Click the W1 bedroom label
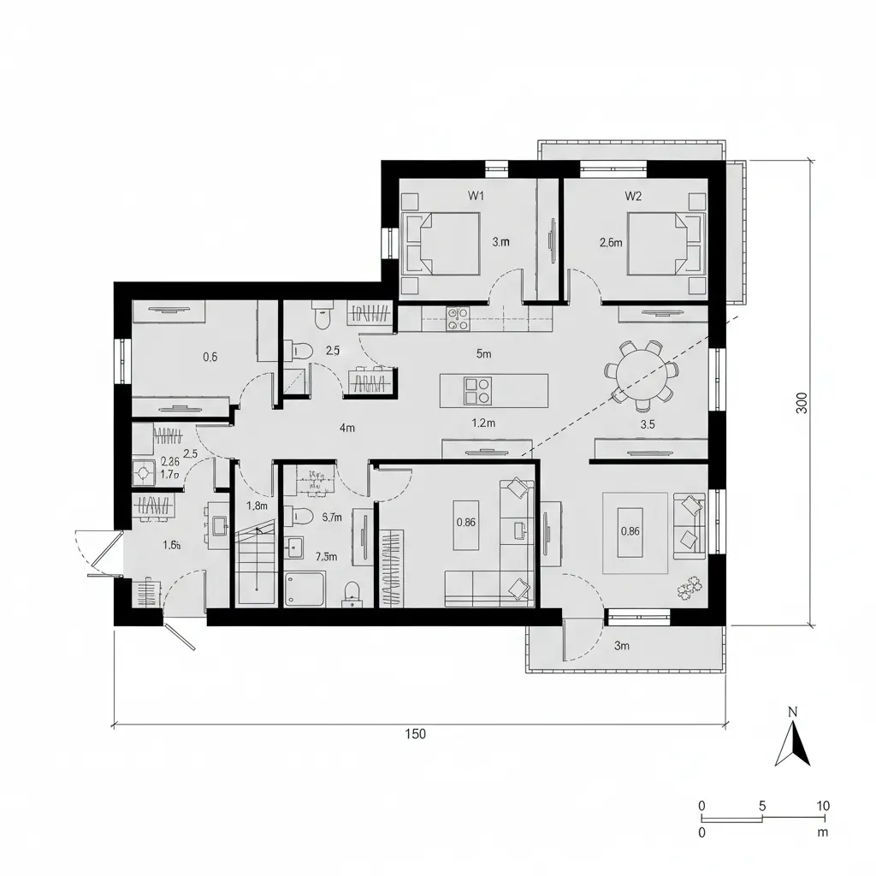476,195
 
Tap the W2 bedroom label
633,195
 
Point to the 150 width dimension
416,734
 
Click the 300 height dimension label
801,402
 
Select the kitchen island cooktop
476,391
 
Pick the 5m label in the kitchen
483,352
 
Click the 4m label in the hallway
346,429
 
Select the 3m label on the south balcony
622,646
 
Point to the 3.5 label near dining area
648,423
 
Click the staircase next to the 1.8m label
255,560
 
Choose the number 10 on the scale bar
823,806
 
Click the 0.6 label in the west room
210,358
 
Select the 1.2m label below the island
484,422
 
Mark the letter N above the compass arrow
792,712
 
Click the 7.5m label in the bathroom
325,556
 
